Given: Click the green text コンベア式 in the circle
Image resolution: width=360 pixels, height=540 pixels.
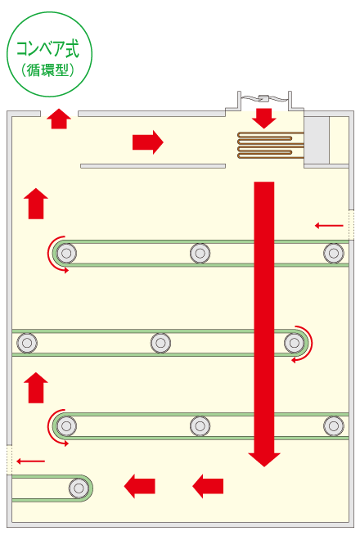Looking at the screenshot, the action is (x=48, y=48).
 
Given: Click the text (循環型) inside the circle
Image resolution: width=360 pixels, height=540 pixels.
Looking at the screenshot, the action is (x=48, y=70).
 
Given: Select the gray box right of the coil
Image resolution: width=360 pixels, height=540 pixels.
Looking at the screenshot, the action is (x=317, y=140).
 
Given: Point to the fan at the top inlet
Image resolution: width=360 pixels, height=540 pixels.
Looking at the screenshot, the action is (x=264, y=99).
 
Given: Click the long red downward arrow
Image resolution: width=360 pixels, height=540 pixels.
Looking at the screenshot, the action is (x=264, y=324).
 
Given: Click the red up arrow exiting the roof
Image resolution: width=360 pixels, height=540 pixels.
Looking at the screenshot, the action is (x=59, y=119).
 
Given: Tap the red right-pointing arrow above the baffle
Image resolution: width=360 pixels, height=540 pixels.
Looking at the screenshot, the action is (x=148, y=142).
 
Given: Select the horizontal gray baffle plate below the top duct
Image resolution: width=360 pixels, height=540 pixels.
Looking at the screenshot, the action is (x=153, y=166).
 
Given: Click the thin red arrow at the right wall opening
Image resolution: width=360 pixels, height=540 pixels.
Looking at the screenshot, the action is (x=329, y=226).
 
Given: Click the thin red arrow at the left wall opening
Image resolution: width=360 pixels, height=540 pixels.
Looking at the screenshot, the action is (x=30, y=461).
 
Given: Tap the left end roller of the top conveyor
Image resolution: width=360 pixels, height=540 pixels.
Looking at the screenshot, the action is (x=66, y=253).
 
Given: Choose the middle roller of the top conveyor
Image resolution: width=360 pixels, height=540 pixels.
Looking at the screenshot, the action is (x=200, y=253).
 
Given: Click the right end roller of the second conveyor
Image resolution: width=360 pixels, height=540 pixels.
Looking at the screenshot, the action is (x=295, y=343).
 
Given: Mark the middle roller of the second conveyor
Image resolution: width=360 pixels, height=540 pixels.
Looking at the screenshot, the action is (x=160, y=343).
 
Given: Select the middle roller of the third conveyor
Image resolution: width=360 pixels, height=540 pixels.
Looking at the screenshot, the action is (x=200, y=426).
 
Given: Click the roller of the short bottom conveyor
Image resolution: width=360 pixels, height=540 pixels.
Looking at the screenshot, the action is (x=79, y=488).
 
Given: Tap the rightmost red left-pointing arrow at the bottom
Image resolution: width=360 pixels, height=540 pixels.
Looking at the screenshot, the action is (x=208, y=486).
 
